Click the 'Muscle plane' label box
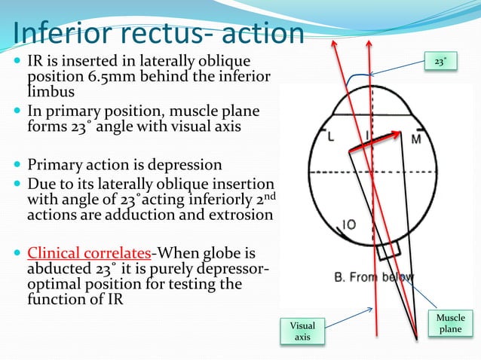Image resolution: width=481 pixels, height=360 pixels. [451, 324]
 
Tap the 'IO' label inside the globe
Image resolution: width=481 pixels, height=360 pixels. [350, 224]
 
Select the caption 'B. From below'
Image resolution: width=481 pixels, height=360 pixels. [374, 277]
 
